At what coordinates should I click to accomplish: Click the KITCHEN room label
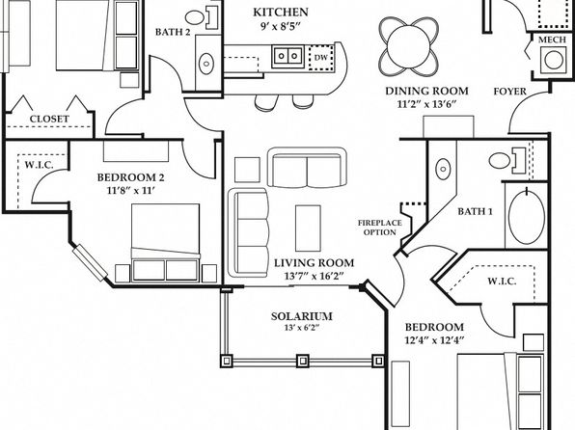coord(281,13)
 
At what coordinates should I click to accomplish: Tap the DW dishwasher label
coord(320,58)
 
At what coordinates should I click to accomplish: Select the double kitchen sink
coord(287,56)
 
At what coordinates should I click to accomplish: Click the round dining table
coord(408,46)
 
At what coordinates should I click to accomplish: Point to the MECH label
coord(552,40)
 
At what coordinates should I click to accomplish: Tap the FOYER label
coord(509,92)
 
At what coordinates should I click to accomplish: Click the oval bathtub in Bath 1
coord(527,216)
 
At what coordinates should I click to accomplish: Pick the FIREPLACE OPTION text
coord(379,228)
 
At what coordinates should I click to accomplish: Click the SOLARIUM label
coord(301,316)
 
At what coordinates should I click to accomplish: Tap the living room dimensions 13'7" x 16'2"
coord(314,276)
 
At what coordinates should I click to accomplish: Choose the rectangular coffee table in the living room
coord(308,228)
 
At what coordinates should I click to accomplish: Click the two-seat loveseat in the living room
coord(308,167)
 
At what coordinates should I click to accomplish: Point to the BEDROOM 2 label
coord(130,177)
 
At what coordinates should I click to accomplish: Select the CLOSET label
coord(49,119)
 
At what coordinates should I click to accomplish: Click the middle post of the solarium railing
coord(303,361)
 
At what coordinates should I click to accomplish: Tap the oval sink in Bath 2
coord(206,64)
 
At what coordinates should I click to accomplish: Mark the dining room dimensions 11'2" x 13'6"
coord(426,104)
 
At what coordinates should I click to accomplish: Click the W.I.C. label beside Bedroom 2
coord(39,165)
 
